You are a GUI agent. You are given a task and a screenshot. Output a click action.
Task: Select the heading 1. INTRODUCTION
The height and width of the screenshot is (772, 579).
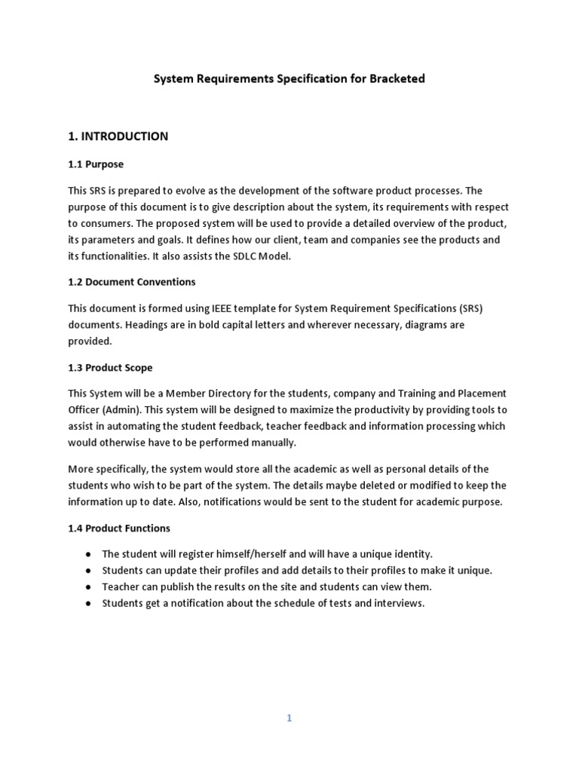(118, 136)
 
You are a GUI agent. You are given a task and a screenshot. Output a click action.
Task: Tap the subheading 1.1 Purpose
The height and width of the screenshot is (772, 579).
(96, 164)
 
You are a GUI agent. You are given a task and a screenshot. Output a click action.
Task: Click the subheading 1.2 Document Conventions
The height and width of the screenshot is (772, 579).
(132, 282)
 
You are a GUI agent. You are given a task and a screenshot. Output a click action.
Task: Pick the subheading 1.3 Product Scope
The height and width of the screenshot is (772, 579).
(110, 368)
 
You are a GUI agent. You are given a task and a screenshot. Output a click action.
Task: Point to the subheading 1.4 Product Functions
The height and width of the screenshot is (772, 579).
(119, 528)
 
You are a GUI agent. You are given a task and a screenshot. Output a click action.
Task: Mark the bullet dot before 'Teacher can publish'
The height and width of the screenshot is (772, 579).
(88, 587)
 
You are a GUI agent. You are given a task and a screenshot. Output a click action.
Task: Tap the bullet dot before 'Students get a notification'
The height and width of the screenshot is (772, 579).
(88, 604)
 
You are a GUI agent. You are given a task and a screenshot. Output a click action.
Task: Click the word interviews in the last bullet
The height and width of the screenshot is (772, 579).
(400, 604)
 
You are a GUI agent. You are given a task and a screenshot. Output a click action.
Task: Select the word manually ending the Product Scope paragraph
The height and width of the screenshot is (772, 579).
(274, 443)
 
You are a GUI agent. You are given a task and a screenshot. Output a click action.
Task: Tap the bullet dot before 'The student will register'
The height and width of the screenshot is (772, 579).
(88, 554)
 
